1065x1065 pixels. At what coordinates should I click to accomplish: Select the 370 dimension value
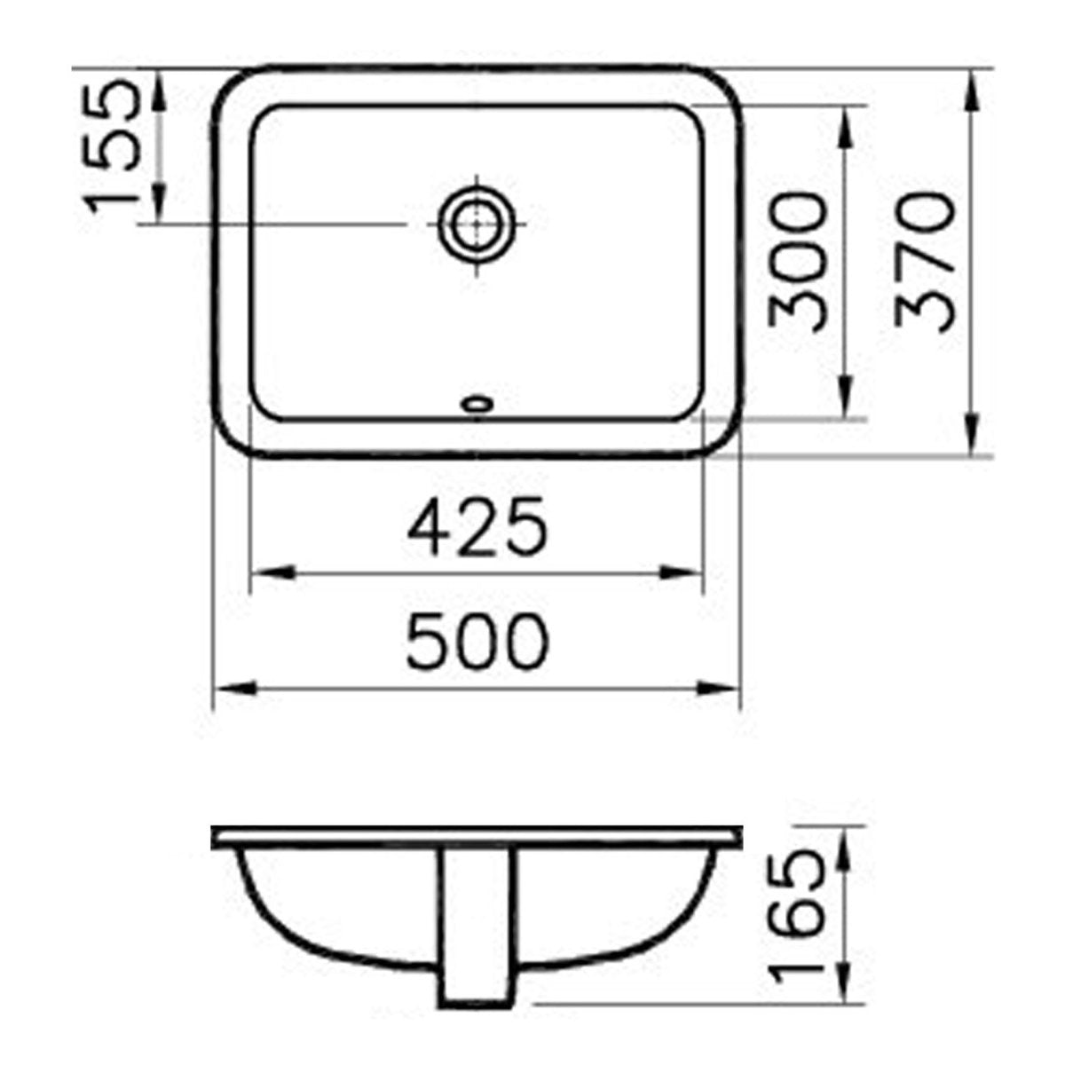pos(924,262)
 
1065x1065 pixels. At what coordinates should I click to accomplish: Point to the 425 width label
pos(477,525)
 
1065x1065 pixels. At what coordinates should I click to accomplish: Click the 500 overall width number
pos(477,642)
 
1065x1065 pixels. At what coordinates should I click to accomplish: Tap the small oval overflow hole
pos(477,404)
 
